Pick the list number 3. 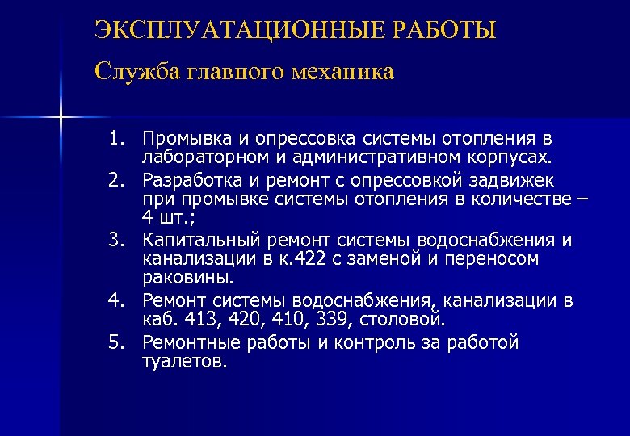(118, 240)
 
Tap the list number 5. (118, 343)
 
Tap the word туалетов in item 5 (184, 362)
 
